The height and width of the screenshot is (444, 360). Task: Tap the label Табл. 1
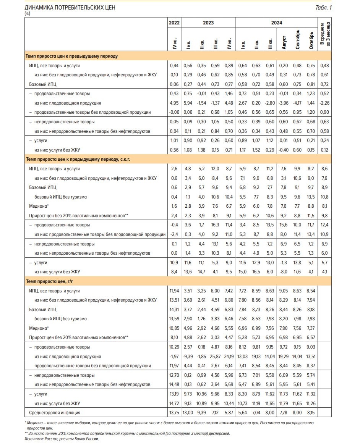(x=323, y=8)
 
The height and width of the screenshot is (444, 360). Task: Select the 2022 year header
(x=174, y=23)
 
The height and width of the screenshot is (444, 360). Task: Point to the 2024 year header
(x=276, y=23)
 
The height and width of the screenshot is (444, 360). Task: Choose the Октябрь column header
(x=311, y=40)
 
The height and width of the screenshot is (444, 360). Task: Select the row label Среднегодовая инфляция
(x=55, y=413)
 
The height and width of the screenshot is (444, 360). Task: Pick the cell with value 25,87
(x=215, y=357)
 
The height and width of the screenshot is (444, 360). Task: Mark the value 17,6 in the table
(x=297, y=272)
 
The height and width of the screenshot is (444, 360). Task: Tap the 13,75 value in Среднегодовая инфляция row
(x=174, y=413)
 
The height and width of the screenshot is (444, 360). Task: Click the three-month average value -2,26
(x=324, y=103)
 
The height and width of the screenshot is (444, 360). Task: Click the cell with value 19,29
(x=284, y=357)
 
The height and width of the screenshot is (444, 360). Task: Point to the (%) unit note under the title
(x=27, y=14)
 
